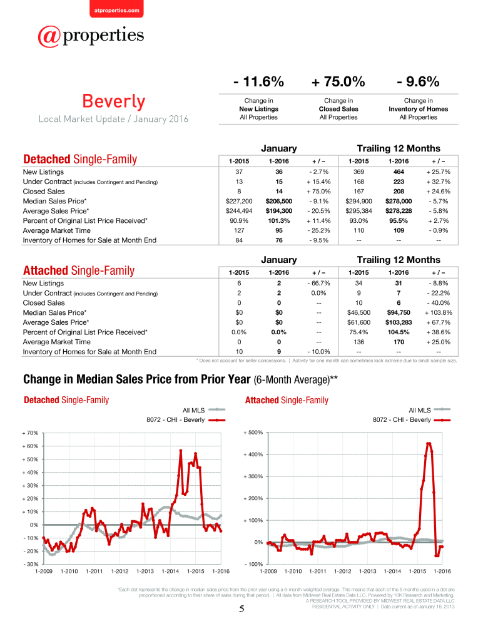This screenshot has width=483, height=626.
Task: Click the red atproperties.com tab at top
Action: point(116,9)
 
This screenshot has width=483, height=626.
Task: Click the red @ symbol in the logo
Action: point(49,36)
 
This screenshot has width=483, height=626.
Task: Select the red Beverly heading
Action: point(114,101)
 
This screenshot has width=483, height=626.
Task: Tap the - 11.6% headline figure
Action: point(258,82)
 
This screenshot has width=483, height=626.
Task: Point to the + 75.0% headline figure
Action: point(338,82)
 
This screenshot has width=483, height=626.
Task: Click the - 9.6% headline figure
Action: point(418,82)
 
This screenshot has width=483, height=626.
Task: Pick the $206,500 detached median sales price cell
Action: point(279,201)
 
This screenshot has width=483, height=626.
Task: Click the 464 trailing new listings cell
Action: point(399,172)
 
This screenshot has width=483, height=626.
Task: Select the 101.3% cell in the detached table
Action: point(279,221)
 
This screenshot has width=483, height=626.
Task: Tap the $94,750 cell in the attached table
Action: point(399,312)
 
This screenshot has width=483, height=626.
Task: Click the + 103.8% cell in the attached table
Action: point(439,312)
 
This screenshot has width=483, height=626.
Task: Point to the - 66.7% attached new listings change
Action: point(318,284)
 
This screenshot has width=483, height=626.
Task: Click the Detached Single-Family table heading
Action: point(80,159)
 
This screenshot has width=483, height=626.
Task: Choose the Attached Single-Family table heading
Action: point(79,270)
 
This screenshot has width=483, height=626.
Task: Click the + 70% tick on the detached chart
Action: point(30,433)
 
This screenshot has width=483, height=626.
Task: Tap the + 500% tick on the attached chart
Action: point(253,433)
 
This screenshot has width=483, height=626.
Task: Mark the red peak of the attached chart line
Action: point(429,443)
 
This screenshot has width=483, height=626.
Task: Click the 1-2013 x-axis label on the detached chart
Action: point(145,572)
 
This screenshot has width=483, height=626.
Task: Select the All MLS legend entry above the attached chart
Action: point(430,410)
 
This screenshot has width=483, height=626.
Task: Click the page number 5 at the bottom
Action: point(241,609)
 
